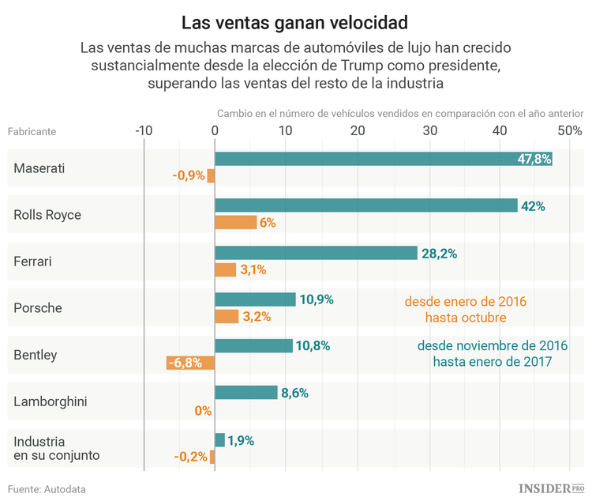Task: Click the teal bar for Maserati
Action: tap(383, 159)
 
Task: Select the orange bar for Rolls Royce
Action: tap(236, 223)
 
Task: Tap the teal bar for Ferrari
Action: tap(316, 253)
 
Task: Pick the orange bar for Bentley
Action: tap(190, 363)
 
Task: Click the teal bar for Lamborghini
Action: tap(246, 393)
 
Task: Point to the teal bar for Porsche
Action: tap(255, 299)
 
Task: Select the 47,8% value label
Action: tap(534, 159)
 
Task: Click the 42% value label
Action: tap(533, 205)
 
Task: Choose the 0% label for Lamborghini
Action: tap(203, 410)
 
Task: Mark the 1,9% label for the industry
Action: tap(241, 440)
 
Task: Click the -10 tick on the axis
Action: tap(144, 130)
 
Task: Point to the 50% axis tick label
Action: tap(568, 130)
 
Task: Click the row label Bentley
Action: tap(36, 355)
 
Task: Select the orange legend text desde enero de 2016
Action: tap(466, 302)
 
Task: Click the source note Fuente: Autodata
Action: tap(47, 489)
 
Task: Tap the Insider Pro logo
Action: tap(551, 488)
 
